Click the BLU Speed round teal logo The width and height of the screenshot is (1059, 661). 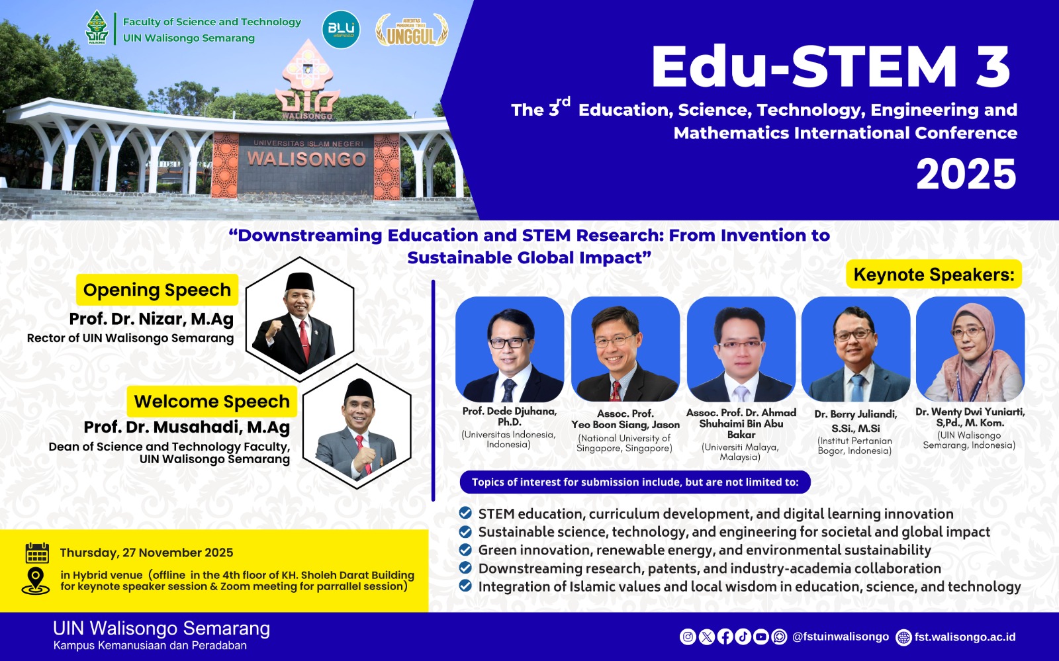341,29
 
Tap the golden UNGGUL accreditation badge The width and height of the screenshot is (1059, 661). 411,30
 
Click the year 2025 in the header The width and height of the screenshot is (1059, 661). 966,175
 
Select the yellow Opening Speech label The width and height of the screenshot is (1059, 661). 157,290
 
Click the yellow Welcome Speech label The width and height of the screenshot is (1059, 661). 212,401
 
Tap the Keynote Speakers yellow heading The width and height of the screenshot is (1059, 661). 934,274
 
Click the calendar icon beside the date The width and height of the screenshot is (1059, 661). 37,552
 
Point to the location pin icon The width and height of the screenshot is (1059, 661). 36,581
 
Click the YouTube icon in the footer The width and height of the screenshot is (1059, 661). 760,637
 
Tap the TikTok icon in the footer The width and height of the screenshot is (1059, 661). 743,637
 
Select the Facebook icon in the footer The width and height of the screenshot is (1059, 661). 725,637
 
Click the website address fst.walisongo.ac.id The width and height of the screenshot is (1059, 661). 965,637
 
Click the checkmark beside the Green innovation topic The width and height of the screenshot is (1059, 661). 465,550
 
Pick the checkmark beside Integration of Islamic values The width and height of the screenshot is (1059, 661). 465,586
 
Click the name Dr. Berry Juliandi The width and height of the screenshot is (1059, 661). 855,414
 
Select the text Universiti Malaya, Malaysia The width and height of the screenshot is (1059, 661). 740,452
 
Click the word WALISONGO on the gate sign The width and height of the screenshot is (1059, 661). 307,159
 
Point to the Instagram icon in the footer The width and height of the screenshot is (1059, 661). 688,637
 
